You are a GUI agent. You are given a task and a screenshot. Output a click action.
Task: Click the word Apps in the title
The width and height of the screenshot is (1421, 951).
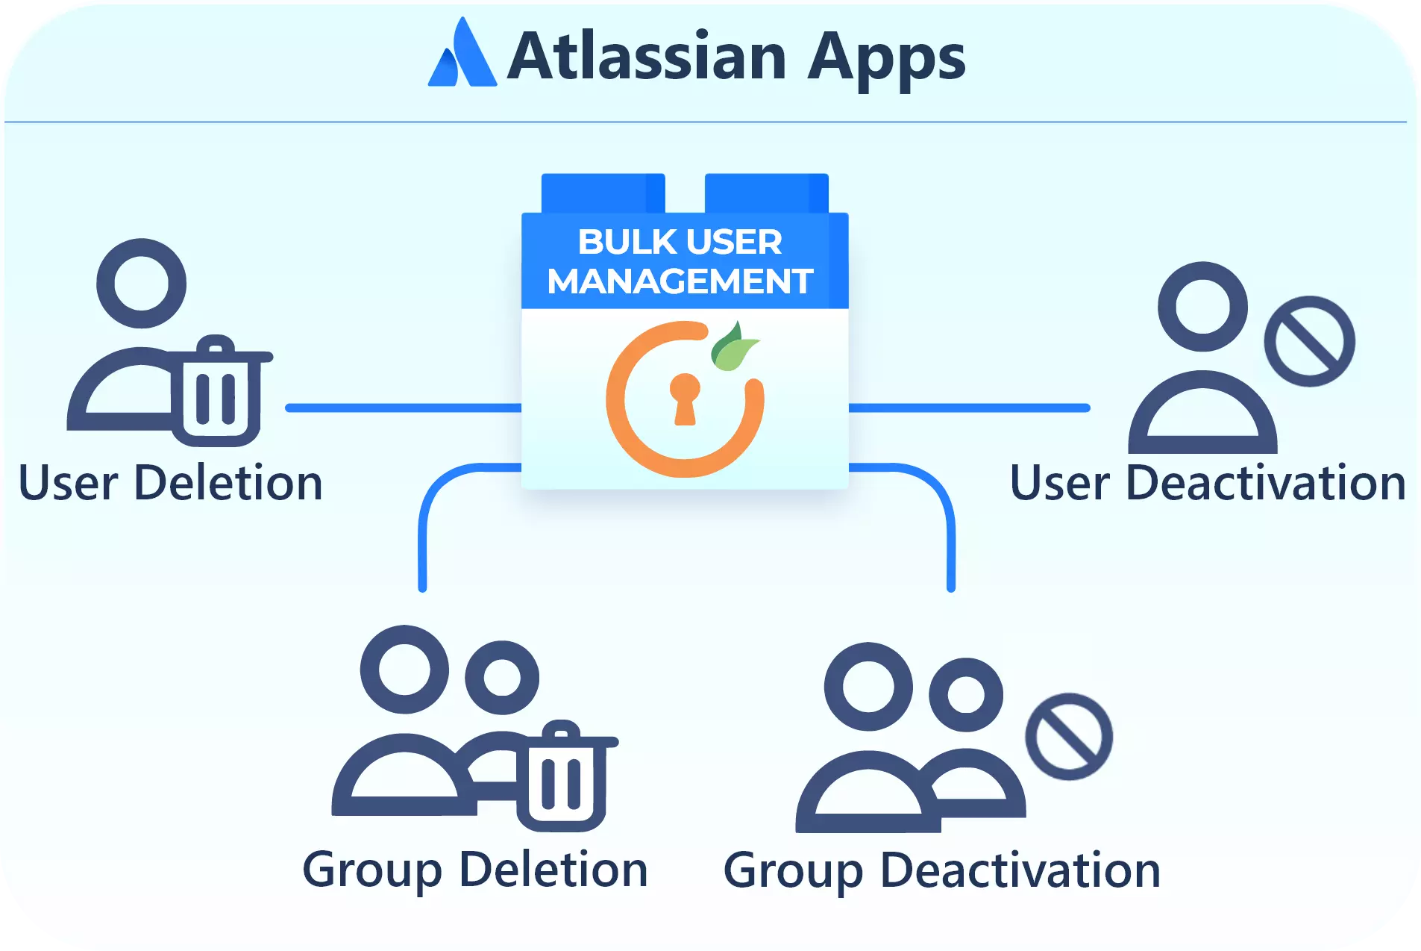(887, 59)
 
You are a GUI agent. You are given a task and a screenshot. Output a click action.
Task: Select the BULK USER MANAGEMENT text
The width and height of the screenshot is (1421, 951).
(680, 261)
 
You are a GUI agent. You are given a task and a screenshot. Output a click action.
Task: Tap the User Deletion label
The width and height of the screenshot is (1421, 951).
(171, 483)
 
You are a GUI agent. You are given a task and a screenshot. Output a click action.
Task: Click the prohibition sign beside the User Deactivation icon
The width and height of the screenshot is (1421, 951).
(1309, 341)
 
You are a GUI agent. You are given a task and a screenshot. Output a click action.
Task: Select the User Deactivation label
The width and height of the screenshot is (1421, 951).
(1208, 483)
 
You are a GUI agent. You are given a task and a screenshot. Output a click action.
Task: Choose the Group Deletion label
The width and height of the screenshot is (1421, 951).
(475, 870)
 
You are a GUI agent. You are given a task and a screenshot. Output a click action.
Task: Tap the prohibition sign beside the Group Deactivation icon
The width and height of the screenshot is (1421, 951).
(1069, 737)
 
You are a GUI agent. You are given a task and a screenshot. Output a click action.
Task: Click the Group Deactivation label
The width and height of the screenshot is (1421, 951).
(942, 870)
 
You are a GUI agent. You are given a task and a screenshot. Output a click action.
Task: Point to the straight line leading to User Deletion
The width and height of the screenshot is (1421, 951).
(404, 408)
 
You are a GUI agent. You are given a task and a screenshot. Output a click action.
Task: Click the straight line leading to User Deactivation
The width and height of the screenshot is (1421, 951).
(970, 408)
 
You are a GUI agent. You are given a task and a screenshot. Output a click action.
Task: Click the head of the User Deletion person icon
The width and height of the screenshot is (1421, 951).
(142, 284)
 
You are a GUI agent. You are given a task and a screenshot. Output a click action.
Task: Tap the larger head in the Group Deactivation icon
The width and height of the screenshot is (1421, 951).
(869, 687)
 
